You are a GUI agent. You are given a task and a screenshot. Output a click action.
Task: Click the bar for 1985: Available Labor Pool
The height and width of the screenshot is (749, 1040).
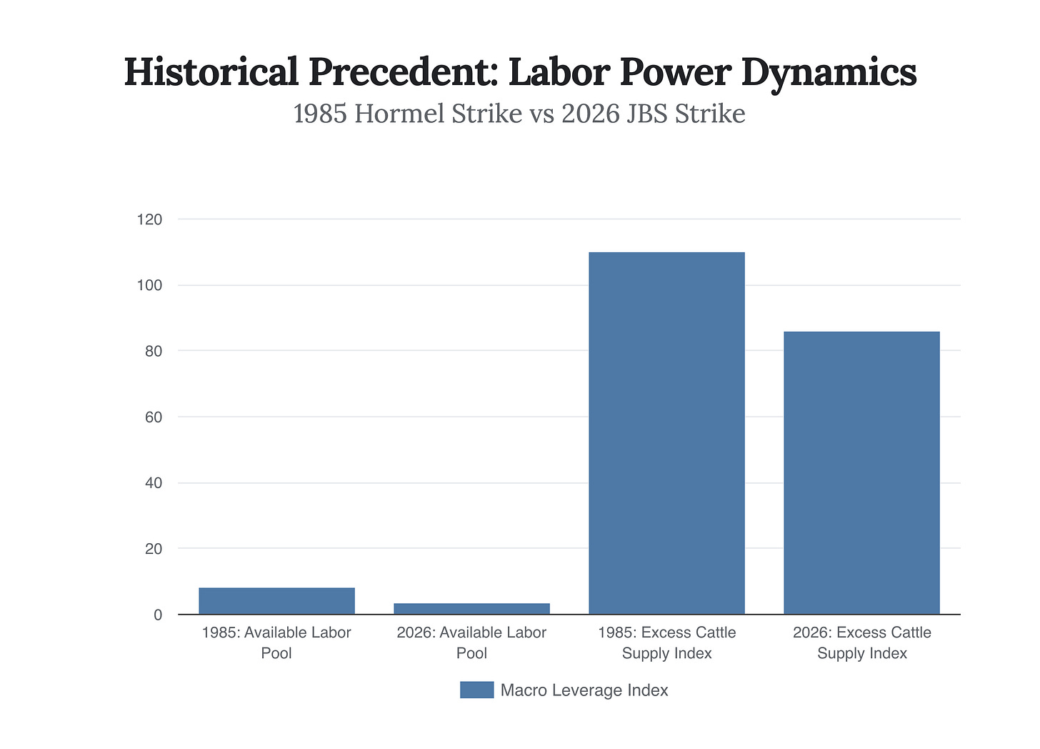(276, 600)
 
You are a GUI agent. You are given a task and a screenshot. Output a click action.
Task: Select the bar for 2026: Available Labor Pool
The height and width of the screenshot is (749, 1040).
(471, 608)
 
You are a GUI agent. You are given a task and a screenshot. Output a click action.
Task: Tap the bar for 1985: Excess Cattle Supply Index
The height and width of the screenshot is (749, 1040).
(666, 433)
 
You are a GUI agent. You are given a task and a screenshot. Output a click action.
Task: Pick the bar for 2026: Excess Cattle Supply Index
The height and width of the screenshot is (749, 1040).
(861, 472)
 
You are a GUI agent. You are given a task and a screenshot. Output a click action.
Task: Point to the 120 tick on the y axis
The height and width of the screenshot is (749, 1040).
(149, 219)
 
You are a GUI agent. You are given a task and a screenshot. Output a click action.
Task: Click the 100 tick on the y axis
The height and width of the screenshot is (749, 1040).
(149, 285)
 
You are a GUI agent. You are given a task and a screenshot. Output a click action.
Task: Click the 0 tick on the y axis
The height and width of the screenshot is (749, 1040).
(157, 615)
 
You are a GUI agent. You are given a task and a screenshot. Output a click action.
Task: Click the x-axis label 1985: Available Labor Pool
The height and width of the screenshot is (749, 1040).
(276, 643)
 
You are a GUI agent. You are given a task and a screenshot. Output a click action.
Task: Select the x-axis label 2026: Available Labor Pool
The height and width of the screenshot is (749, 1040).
(471, 643)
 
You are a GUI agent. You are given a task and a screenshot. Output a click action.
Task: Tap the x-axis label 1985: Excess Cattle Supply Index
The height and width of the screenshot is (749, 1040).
(666, 643)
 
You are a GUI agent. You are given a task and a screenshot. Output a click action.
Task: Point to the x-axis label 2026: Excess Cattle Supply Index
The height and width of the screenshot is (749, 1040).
(861, 643)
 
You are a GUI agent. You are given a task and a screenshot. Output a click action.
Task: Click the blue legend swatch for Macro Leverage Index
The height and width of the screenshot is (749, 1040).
(476, 690)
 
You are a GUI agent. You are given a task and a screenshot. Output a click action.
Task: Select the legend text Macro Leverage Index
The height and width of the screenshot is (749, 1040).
(584, 690)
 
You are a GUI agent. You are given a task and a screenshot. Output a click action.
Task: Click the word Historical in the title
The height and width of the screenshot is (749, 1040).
(211, 72)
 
